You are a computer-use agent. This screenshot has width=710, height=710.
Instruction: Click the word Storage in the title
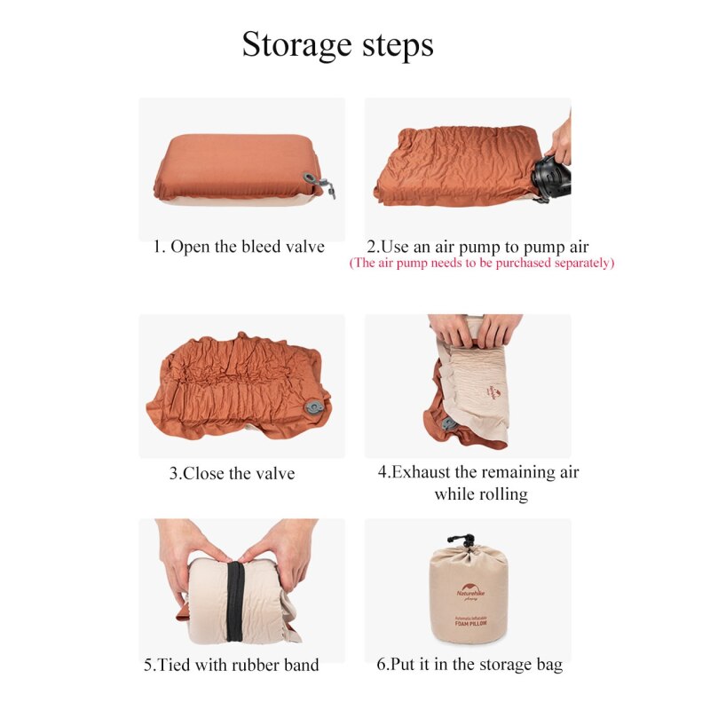[296, 45]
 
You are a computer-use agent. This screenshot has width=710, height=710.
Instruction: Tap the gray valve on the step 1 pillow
[319, 183]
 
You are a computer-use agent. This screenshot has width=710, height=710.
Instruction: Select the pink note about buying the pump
[481, 263]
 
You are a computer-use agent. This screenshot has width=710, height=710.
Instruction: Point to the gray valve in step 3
[313, 407]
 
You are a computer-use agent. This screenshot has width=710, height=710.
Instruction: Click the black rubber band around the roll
[235, 602]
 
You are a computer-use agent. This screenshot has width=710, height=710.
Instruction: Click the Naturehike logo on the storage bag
[470, 590]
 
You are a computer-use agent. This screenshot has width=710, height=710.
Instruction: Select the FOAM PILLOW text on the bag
[471, 624]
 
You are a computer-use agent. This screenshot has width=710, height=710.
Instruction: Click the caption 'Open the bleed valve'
[248, 247]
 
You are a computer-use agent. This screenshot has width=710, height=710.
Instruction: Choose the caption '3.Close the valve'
[232, 474]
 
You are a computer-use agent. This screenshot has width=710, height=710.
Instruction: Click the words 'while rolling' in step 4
[481, 494]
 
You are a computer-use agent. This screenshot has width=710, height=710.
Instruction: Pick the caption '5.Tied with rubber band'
[232, 665]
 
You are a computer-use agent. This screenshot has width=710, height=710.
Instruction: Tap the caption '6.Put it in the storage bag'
[469, 664]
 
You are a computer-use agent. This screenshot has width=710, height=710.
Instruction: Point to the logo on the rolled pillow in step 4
[493, 391]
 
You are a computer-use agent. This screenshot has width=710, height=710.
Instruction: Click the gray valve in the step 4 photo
[448, 424]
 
